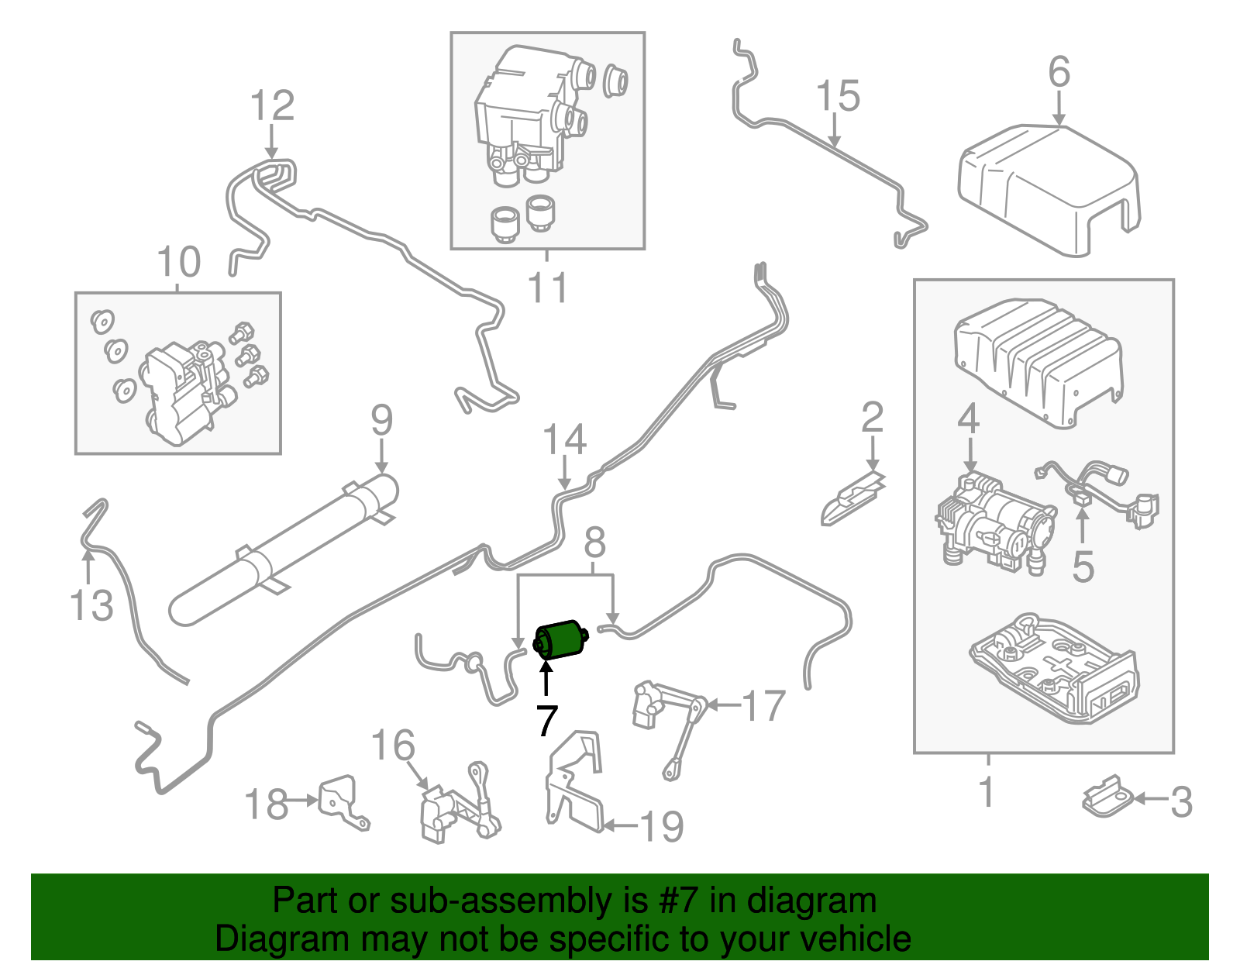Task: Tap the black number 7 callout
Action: coord(546,722)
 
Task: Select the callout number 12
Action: coord(272,106)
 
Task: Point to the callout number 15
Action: coord(838,96)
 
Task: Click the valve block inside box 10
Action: coord(182,391)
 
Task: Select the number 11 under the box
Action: coord(547,288)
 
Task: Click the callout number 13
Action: coord(91,605)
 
